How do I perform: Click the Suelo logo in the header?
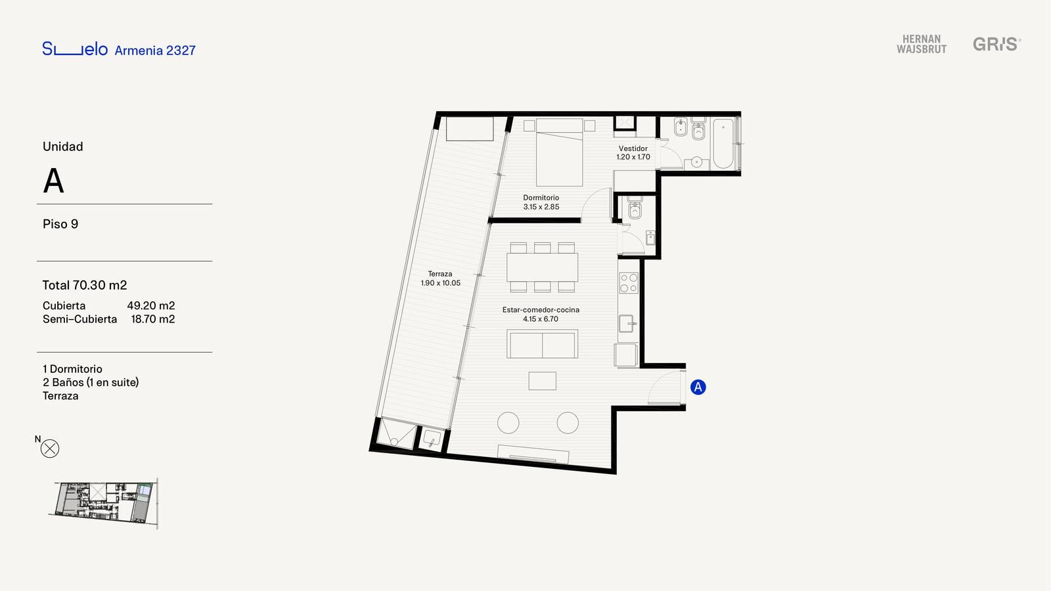[75, 49]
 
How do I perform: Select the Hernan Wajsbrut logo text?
[922, 44]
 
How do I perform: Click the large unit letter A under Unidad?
[53, 181]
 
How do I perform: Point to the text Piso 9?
[60, 224]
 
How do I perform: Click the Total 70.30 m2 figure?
[85, 285]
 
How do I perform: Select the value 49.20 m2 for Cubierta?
[151, 306]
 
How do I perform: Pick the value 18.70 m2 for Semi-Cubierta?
[153, 319]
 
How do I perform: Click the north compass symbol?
[50, 449]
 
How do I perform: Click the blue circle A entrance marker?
[698, 387]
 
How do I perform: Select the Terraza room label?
[440, 274]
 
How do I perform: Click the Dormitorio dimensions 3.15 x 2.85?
[541, 207]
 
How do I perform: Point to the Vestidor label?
[633, 148]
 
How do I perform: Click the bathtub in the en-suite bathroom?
[723, 144]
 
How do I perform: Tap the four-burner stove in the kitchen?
[629, 283]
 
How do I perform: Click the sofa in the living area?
[543, 344]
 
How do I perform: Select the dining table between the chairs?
[543, 267]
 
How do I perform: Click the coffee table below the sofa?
[543, 381]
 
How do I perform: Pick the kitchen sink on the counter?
[627, 323]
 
